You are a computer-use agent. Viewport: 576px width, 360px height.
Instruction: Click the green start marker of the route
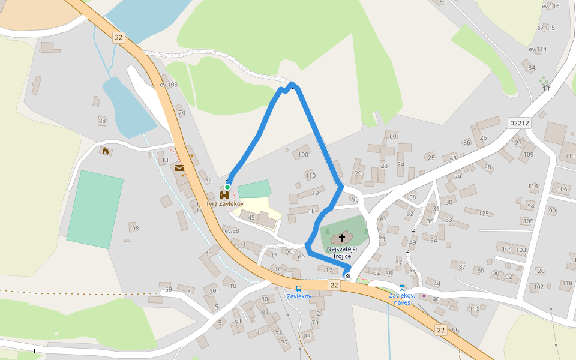click(x=227, y=187)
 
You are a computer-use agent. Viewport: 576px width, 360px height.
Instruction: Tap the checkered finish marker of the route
click(x=347, y=276)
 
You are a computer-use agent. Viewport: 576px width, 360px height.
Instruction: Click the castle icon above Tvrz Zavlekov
click(x=224, y=195)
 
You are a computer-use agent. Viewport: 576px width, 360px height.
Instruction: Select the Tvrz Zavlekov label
click(x=224, y=204)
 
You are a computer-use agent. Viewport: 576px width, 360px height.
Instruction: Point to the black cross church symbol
click(x=342, y=238)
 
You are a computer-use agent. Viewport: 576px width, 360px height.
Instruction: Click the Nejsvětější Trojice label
click(x=342, y=252)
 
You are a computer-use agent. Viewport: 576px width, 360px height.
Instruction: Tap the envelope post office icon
click(x=179, y=169)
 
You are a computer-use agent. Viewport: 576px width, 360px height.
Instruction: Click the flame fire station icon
click(x=106, y=151)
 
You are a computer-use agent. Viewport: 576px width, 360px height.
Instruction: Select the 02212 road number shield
click(x=519, y=122)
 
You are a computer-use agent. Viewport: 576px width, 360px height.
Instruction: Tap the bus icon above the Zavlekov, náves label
click(x=401, y=288)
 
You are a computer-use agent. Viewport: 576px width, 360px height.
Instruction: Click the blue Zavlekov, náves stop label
click(x=401, y=298)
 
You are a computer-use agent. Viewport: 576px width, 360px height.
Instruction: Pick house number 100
click(x=303, y=155)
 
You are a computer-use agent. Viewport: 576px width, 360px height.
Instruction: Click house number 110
click(x=310, y=176)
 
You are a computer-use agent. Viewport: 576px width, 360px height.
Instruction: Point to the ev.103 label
click(x=169, y=85)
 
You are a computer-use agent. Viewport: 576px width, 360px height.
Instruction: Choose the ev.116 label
click(x=550, y=6)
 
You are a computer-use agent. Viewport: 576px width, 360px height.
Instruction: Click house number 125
click(x=484, y=213)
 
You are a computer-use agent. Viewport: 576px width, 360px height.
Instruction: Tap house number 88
click(x=102, y=121)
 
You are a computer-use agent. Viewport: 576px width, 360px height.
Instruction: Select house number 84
click(x=531, y=68)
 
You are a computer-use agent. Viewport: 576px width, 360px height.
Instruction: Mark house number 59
click(x=169, y=290)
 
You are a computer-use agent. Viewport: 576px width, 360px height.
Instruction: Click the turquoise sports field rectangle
click(x=95, y=209)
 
